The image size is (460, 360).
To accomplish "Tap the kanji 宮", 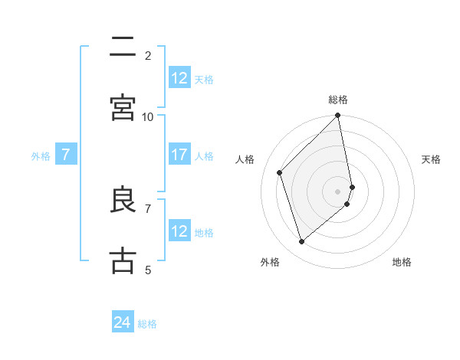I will [x=123, y=107].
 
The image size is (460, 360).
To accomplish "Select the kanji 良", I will [x=123, y=200].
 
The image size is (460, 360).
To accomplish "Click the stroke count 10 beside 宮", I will [x=148, y=116].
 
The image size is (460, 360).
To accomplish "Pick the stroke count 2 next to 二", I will [x=148, y=56].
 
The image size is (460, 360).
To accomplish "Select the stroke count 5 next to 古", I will [x=148, y=270].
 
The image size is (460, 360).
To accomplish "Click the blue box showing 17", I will [x=179, y=155].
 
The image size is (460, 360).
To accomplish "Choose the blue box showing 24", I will [x=123, y=322].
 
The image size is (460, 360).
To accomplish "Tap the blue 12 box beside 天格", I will [x=179, y=78].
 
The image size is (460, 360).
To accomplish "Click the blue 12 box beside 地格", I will [x=179, y=231].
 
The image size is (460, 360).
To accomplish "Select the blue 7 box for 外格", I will [x=66, y=155].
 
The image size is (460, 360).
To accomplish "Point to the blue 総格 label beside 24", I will [x=147, y=323].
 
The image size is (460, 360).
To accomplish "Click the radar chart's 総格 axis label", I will [x=338, y=100].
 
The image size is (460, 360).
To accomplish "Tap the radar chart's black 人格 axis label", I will [x=245, y=159].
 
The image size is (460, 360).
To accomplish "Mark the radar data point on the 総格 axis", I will [x=338, y=116].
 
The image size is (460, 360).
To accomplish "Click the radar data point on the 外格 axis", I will [x=301, y=242].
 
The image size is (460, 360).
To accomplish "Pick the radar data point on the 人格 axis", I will [x=280, y=172].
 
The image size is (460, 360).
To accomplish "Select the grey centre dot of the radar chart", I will [x=338, y=191].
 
